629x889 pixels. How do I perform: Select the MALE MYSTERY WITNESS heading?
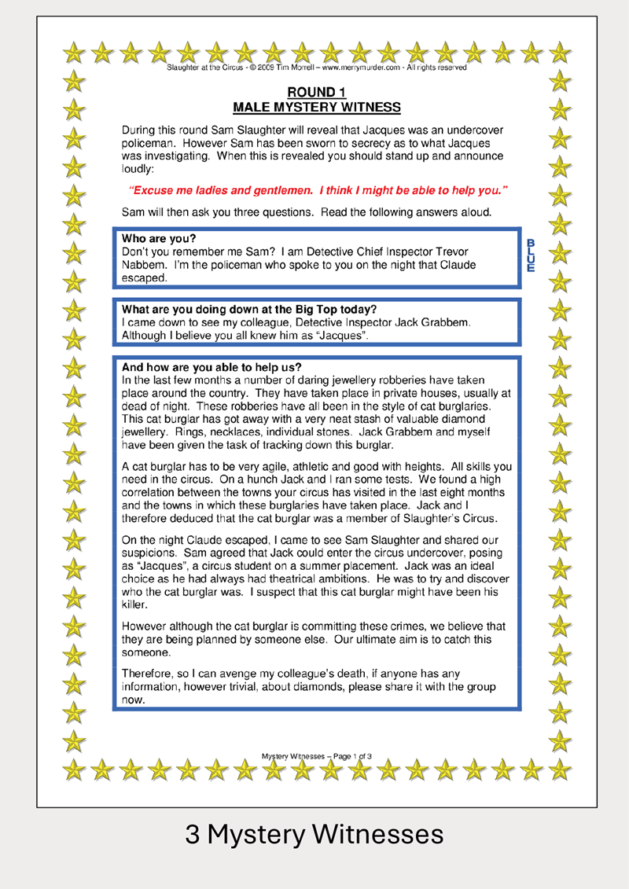pyautogui.click(x=317, y=108)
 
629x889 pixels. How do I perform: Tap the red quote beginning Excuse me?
pyautogui.click(x=317, y=190)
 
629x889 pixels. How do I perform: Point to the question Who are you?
pyautogui.click(x=159, y=238)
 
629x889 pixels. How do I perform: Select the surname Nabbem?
pyautogui.click(x=143, y=265)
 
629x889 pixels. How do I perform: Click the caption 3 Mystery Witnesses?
pyautogui.click(x=314, y=834)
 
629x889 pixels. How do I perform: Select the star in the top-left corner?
pyautogui.click(x=74, y=53)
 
